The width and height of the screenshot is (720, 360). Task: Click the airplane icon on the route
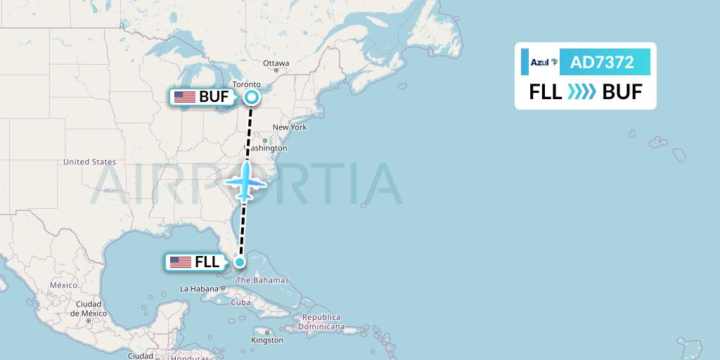(x=245, y=182)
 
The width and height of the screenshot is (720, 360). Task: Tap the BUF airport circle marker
(x=252, y=98)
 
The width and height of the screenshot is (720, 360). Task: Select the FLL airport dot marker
(x=240, y=262)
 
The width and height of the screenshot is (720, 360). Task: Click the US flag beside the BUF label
(x=184, y=97)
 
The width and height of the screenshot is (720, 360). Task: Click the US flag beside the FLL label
(x=181, y=262)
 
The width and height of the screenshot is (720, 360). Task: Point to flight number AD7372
(x=602, y=63)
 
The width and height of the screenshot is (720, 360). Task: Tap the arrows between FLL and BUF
(x=581, y=92)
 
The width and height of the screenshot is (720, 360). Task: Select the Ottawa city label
(x=276, y=63)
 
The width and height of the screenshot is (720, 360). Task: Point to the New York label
(x=290, y=127)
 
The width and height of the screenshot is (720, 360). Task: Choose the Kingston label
(x=268, y=340)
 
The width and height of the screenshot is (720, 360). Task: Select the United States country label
(x=89, y=162)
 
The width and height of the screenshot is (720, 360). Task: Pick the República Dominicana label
(x=320, y=322)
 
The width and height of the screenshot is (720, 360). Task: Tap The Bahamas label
(x=262, y=280)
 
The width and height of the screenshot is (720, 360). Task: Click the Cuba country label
(x=240, y=303)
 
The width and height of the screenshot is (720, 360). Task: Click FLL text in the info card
(x=546, y=92)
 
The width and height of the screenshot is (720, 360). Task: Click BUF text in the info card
(x=622, y=92)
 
